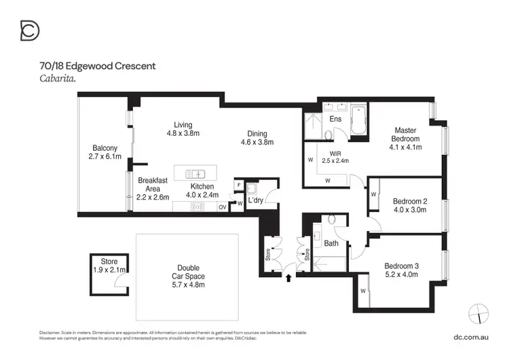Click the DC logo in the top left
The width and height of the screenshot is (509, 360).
tap(30, 31)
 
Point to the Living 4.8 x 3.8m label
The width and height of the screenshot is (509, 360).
tap(183, 129)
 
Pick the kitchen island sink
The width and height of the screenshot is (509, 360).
tap(195, 173)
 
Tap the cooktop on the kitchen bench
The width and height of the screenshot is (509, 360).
tap(198, 206)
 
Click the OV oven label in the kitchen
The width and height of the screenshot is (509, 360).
tap(222, 207)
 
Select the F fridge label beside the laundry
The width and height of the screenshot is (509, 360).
tap(239, 183)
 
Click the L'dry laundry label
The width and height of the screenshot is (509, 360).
tap(255, 202)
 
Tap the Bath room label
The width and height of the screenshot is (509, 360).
tap(331, 242)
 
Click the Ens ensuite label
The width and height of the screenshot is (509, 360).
tap(335, 120)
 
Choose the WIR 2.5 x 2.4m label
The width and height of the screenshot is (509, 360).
tap(335, 157)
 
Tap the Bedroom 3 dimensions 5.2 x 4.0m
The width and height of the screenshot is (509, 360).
tap(400, 274)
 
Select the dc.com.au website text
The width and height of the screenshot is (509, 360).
tap(471, 336)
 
